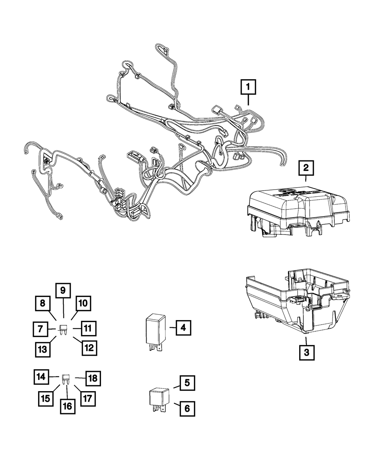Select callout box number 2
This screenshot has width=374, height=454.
tap(306, 169)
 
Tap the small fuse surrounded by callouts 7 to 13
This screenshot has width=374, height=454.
tap(63, 329)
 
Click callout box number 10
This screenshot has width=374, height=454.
tap(83, 303)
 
